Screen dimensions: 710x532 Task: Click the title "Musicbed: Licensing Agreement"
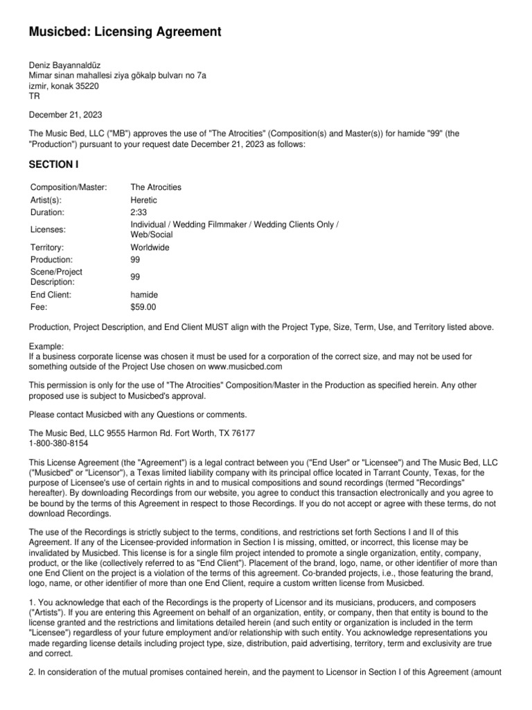pyautogui.click(x=125, y=32)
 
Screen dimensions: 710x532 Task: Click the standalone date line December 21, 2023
pyautogui.click(x=64, y=115)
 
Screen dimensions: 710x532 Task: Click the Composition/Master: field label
pyautogui.click(x=69, y=188)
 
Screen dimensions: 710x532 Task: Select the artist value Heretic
pyautogui.click(x=144, y=200)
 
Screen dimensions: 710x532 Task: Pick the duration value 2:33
pyautogui.click(x=139, y=212)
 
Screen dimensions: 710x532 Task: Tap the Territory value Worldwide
pyautogui.click(x=150, y=248)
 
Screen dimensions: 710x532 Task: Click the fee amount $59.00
pyautogui.click(x=143, y=306)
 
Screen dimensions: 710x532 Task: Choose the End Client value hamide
pyautogui.click(x=143, y=295)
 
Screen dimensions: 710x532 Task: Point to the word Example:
pyautogui.click(x=46, y=346)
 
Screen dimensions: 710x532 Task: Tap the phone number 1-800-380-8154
pyautogui.click(x=58, y=442)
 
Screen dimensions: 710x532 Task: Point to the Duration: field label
pyautogui.click(x=47, y=212)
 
